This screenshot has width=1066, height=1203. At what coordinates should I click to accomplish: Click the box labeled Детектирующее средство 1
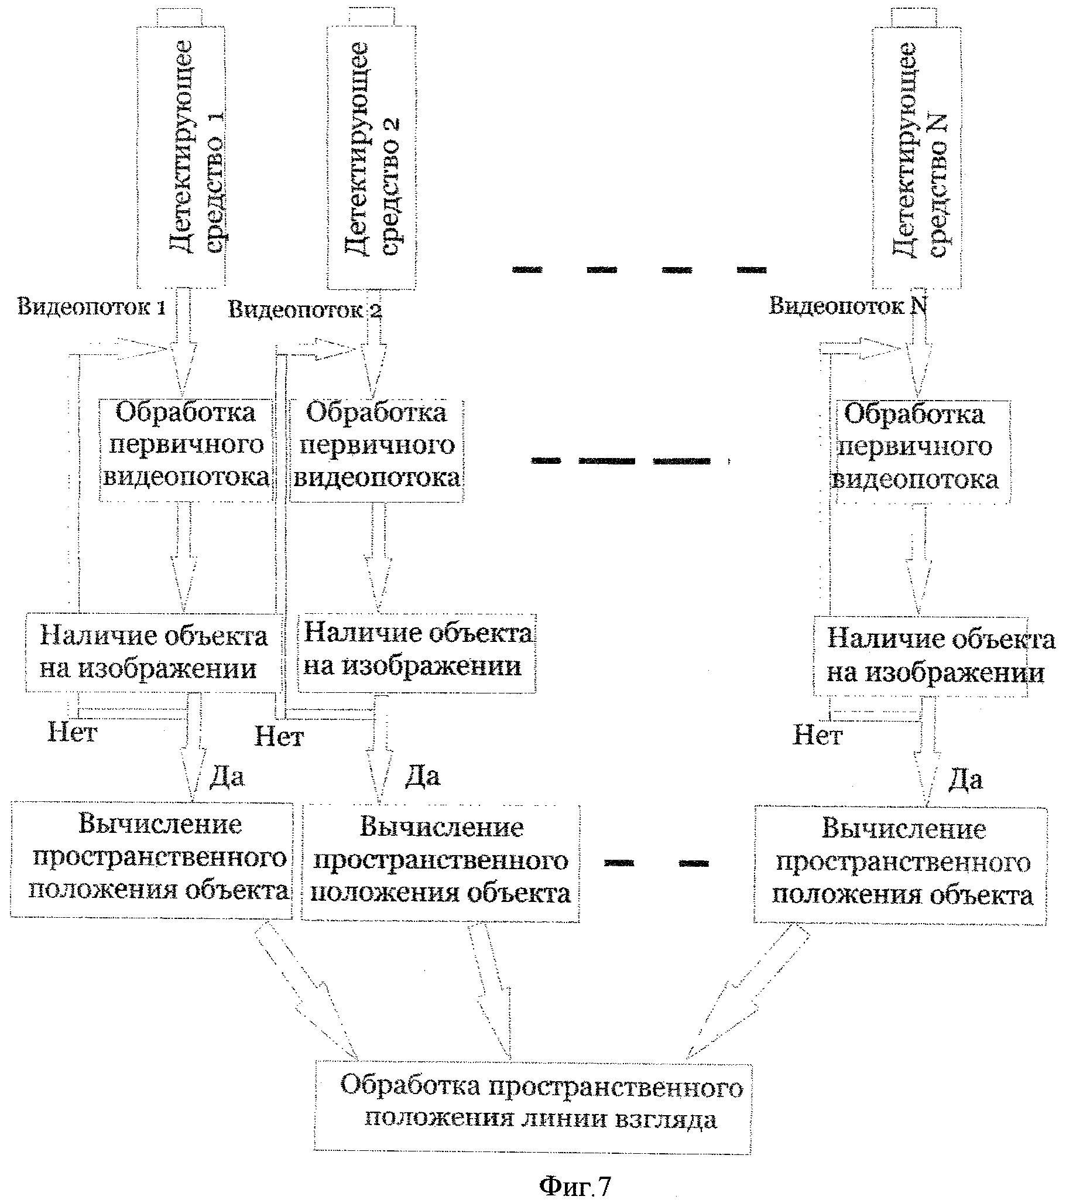[x=181, y=150]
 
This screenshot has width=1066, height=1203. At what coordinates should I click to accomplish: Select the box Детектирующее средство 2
[x=371, y=150]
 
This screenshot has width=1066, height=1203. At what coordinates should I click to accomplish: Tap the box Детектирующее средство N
[x=917, y=150]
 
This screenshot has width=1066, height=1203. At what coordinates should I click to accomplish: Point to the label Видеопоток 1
[x=91, y=307]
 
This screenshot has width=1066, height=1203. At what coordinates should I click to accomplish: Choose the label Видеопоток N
[x=848, y=306]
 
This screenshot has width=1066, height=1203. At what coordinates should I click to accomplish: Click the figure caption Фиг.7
[x=575, y=1185]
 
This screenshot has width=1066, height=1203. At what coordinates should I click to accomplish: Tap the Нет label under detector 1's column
[x=72, y=733]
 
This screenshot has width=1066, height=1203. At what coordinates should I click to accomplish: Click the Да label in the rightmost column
[x=965, y=780]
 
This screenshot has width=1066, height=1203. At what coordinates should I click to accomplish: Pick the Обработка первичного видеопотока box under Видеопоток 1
[x=186, y=450]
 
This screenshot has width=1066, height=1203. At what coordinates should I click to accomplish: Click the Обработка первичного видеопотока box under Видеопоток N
[x=921, y=452]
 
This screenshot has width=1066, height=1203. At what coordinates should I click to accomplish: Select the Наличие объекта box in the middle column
[x=417, y=653]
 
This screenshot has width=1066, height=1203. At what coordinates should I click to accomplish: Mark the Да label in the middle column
[x=423, y=776]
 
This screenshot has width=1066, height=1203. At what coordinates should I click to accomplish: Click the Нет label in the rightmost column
[x=818, y=735]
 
